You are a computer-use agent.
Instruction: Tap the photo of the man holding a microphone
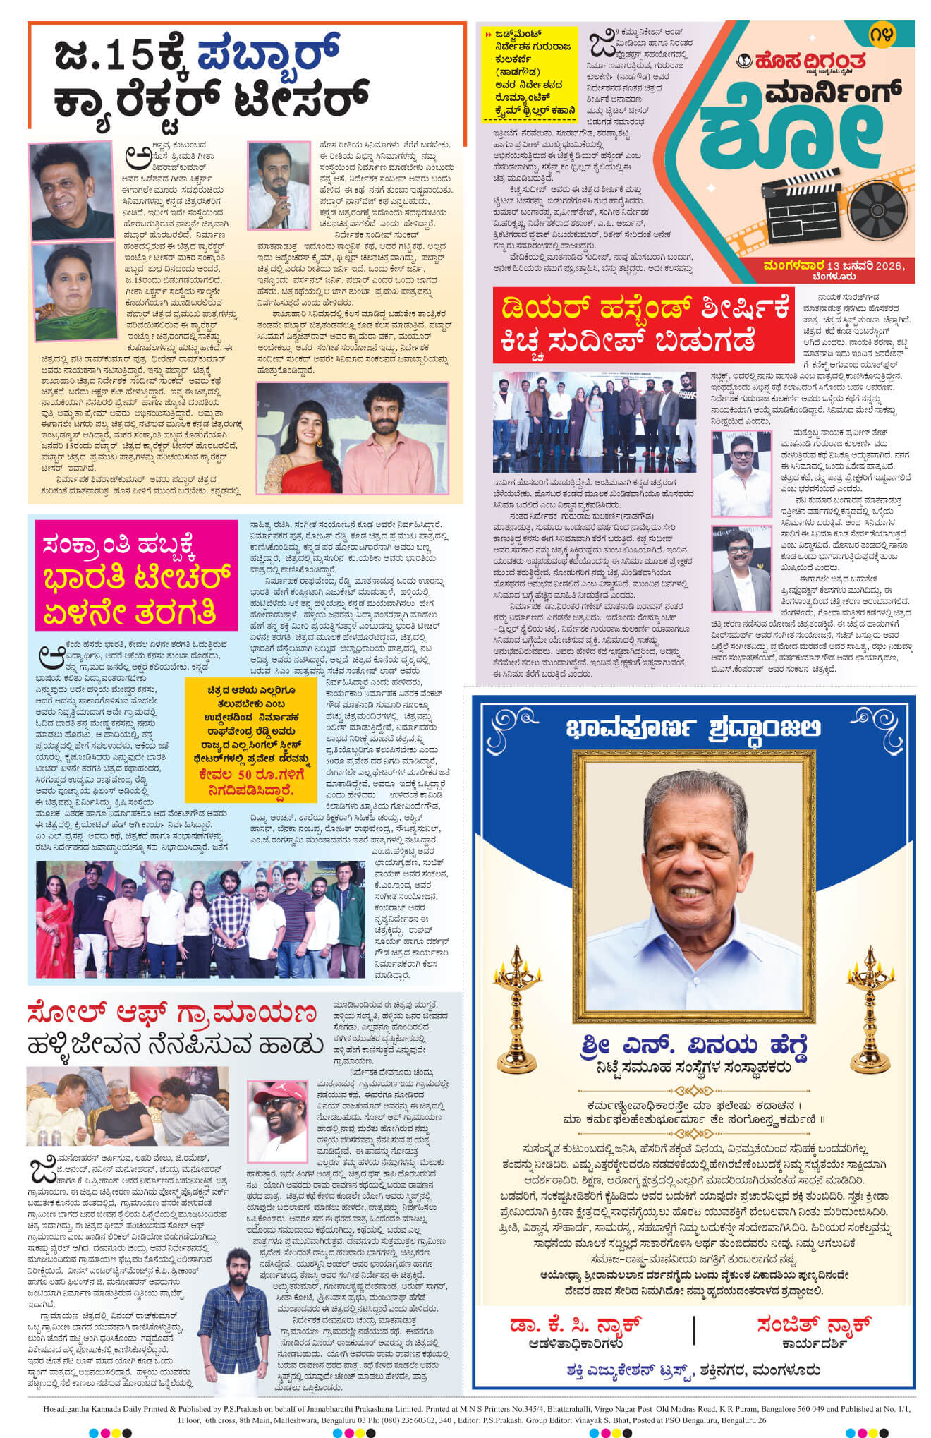click(x=279, y=185)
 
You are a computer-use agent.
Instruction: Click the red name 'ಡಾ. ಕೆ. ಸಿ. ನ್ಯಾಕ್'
click(x=575, y=1324)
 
